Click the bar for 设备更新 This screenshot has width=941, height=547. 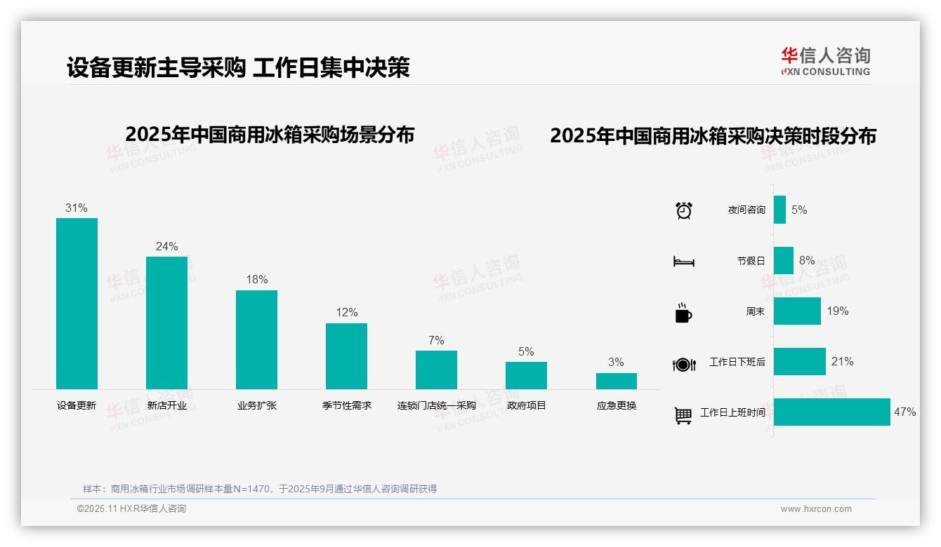(x=77, y=303)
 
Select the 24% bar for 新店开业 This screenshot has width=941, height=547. (x=166, y=323)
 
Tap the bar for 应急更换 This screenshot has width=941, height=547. (x=616, y=381)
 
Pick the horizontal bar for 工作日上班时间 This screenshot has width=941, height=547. (x=831, y=412)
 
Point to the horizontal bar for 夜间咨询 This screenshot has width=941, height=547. (x=779, y=210)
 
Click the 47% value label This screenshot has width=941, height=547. (x=904, y=412)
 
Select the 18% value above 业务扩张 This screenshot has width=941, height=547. (x=256, y=280)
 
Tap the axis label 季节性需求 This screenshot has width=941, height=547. (x=347, y=405)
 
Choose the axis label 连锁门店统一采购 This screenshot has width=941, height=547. (x=436, y=405)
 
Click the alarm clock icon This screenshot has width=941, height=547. (x=683, y=210)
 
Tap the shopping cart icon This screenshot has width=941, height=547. (x=683, y=415)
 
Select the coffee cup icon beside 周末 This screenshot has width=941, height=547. (x=683, y=313)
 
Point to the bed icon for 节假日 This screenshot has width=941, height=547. (x=683, y=262)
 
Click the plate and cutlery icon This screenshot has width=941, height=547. (x=683, y=364)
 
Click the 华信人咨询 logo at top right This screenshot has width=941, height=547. (x=825, y=61)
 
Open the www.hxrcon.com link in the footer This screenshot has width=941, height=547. (x=815, y=509)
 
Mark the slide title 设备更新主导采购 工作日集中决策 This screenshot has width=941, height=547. (x=238, y=68)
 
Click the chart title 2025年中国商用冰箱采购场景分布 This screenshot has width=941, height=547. (x=270, y=135)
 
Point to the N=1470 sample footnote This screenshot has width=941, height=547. (x=259, y=489)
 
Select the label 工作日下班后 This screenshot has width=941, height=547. (x=737, y=362)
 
